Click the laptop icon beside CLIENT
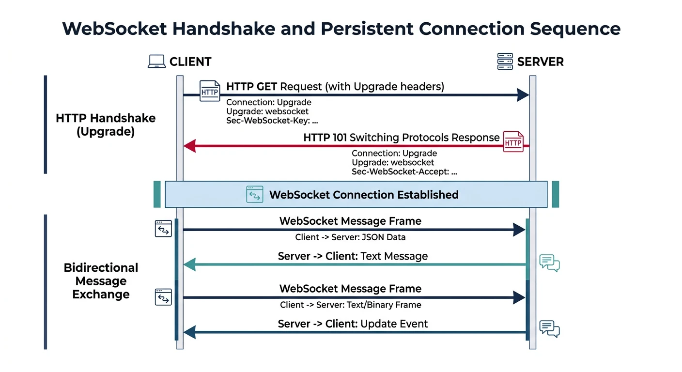pyautogui.click(x=157, y=62)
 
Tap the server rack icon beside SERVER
pyautogui.click(x=505, y=62)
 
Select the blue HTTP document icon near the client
pyautogui.click(x=210, y=91)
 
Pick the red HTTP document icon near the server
pyautogui.click(x=513, y=142)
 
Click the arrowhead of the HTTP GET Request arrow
pyautogui.click(x=523, y=95)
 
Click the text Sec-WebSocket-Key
pyautogui.click(x=268, y=121)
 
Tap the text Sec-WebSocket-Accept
pyautogui.click(x=400, y=171)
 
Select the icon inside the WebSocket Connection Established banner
pyautogui.click(x=254, y=194)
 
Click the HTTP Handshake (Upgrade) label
pyautogui.click(x=106, y=125)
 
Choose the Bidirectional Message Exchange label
pyautogui.click(x=101, y=281)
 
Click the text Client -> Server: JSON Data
pyautogui.click(x=350, y=237)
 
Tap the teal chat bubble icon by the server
pyautogui.click(x=549, y=263)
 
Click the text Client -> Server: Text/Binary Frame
pyautogui.click(x=350, y=305)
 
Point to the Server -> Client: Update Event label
pyautogui.click(x=353, y=324)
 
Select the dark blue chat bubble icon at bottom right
pyautogui.click(x=549, y=329)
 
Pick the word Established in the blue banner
pyautogui.click(x=428, y=195)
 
